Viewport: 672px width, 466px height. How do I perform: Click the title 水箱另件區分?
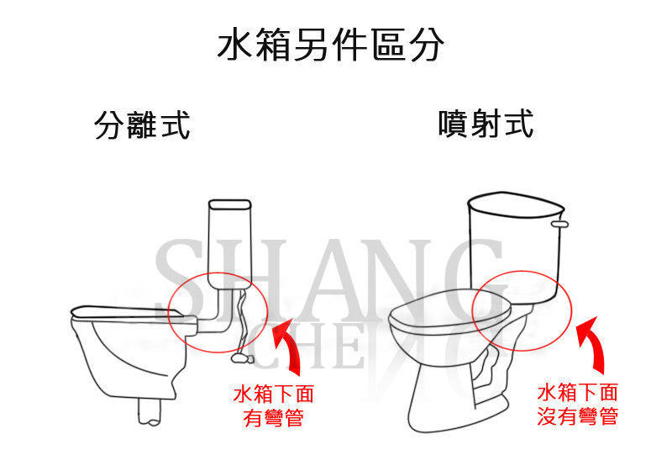click(x=330, y=44)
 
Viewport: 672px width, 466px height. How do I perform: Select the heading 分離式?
click(x=142, y=124)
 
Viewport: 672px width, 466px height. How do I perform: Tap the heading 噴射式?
click(x=486, y=124)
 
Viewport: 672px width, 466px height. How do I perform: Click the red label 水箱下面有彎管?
click(x=274, y=405)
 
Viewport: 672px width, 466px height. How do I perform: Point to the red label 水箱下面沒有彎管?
click(x=577, y=405)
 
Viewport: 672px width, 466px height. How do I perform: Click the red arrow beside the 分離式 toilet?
click(x=288, y=343)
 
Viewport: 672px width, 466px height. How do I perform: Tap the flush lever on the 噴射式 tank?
click(x=559, y=224)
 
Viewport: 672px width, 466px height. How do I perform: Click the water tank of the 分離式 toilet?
click(x=229, y=244)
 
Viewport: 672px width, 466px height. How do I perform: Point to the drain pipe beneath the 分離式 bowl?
click(x=150, y=411)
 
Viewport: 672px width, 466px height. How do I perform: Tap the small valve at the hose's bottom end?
click(x=242, y=357)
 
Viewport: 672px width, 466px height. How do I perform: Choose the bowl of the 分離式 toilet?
click(x=129, y=352)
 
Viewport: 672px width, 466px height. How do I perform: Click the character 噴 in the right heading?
click(x=454, y=124)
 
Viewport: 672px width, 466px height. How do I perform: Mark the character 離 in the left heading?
click(x=142, y=124)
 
